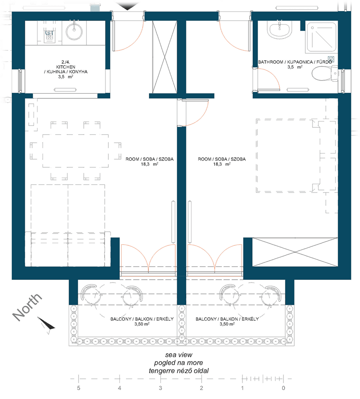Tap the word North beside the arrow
point(27,306)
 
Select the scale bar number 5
point(78,388)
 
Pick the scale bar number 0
point(283,388)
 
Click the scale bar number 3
point(161,388)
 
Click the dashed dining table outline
point(75,151)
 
